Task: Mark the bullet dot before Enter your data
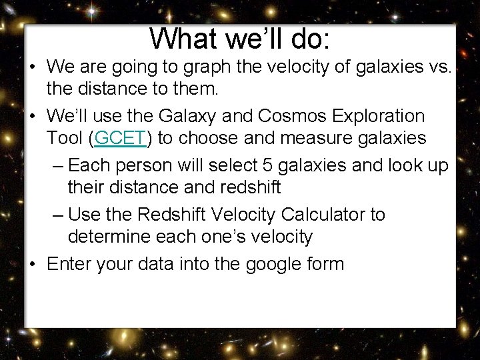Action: [x=33, y=265]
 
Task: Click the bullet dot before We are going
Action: [x=33, y=67]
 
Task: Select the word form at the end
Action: [x=328, y=264]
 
